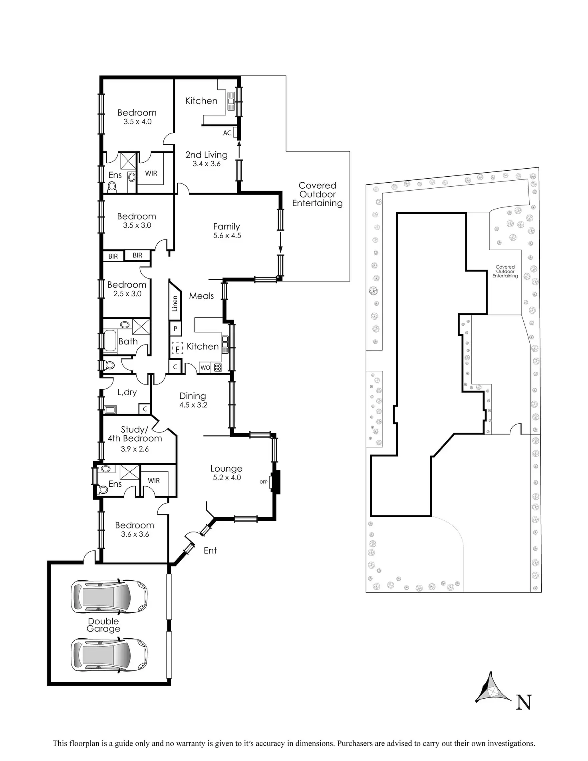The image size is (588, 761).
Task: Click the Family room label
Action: tap(226, 227)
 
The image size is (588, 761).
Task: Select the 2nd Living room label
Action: tap(206, 155)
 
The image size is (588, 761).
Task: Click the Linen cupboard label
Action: tap(175, 304)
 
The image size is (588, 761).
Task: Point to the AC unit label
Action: tap(227, 133)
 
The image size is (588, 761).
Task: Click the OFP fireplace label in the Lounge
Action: tap(264, 482)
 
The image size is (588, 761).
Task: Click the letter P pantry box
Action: tap(175, 329)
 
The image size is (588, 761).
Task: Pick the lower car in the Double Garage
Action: tap(109, 654)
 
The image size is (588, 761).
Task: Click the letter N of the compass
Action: tap(524, 702)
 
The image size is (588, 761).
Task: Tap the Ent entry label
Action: tap(210, 550)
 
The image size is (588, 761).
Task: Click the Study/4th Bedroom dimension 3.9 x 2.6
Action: tap(135, 449)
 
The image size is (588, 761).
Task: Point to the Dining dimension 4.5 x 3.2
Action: tap(193, 405)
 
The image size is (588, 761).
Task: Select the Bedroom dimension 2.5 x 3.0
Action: tap(127, 293)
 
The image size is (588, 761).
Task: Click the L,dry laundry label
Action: tap(127, 392)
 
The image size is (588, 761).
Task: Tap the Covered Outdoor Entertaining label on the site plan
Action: tap(505, 271)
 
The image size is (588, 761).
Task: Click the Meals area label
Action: tap(201, 296)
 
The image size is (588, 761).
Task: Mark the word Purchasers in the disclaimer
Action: tap(356, 743)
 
